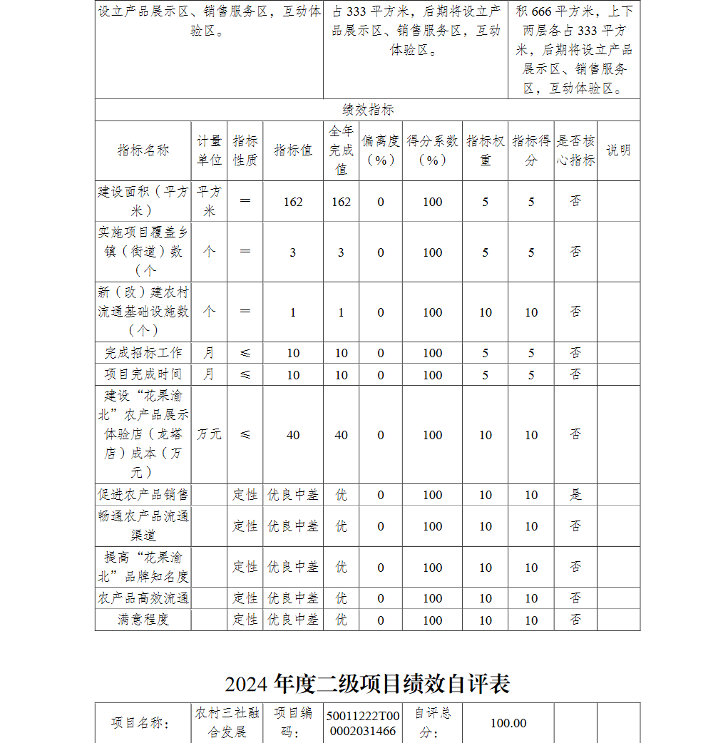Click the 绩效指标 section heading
(367, 110)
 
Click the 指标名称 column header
(143, 150)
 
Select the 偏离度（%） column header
(381, 150)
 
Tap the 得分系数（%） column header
(432, 150)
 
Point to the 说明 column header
(618, 150)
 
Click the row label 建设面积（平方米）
(143, 202)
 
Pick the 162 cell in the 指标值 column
(293, 202)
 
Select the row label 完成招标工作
(143, 353)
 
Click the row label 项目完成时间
(143, 374)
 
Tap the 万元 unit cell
(209, 434)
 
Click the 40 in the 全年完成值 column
(342, 435)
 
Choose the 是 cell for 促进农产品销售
(575, 494)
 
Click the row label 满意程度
(143, 620)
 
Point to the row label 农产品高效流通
(143, 598)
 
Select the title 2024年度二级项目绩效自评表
(367, 684)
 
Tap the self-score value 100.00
(508, 723)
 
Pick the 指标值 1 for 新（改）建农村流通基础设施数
(293, 312)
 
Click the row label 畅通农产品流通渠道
(143, 526)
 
